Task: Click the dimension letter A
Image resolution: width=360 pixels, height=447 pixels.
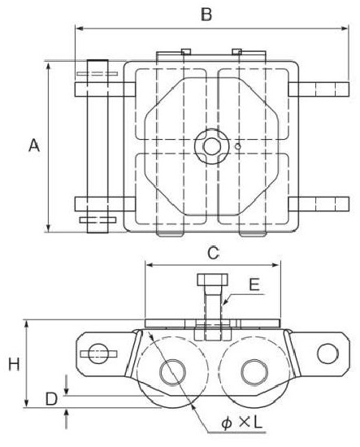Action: point(34,145)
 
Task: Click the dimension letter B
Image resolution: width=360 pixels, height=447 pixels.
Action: point(206,14)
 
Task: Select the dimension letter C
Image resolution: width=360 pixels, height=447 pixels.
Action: point(213,253)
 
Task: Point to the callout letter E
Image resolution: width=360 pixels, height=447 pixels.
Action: point(254,284)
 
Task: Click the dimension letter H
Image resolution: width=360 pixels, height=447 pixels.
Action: point(14,364)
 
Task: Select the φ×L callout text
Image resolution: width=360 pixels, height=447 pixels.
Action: point(241,423)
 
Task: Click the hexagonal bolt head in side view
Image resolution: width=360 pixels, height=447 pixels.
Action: point(213,280)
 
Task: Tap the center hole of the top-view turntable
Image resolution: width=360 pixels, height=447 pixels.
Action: point(212,146)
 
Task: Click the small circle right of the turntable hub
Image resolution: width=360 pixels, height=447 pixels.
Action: point(238,146)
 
